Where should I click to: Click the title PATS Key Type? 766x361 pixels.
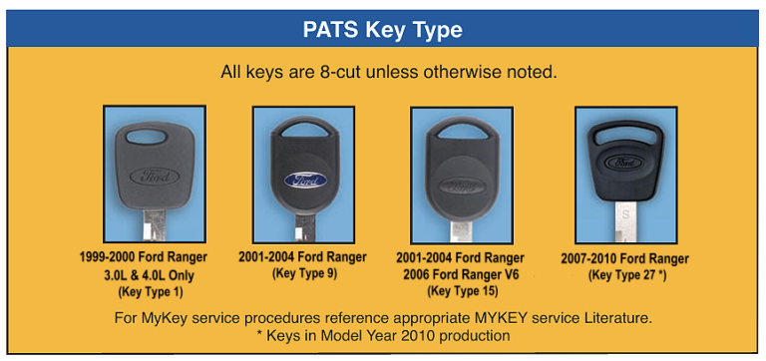[382, 30]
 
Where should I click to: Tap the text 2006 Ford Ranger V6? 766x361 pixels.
[459, 274]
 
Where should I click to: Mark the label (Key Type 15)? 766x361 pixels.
[459, 291]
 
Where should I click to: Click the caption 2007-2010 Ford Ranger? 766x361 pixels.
[624, 258]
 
